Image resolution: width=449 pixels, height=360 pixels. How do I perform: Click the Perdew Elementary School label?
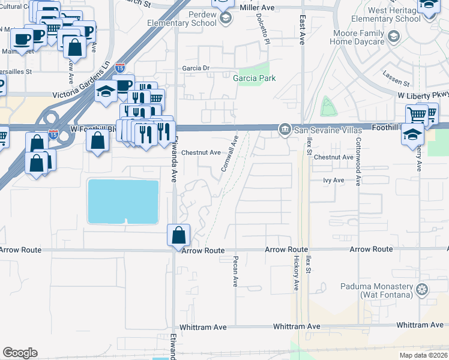pyautogui.click(x=193, y=19)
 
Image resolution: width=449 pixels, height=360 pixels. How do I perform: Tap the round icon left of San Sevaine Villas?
pyautogui.click(x=285, y=128)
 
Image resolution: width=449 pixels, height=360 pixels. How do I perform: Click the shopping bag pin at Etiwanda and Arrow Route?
pyautogui.click(x=178, y=235)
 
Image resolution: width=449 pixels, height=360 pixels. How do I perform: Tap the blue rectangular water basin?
pyautogui.click(x=123, y=201)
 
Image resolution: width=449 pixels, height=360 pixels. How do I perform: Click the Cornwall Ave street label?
pyautogui.click(x=230, y=153)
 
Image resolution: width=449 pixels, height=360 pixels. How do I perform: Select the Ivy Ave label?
pyautogui.click(x=333, y=180)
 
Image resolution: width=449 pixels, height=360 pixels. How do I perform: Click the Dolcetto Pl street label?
pyautogui.click(x=262, y=24)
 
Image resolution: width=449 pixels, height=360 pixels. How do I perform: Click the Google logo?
pyautogui.click(x=20, y=353)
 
